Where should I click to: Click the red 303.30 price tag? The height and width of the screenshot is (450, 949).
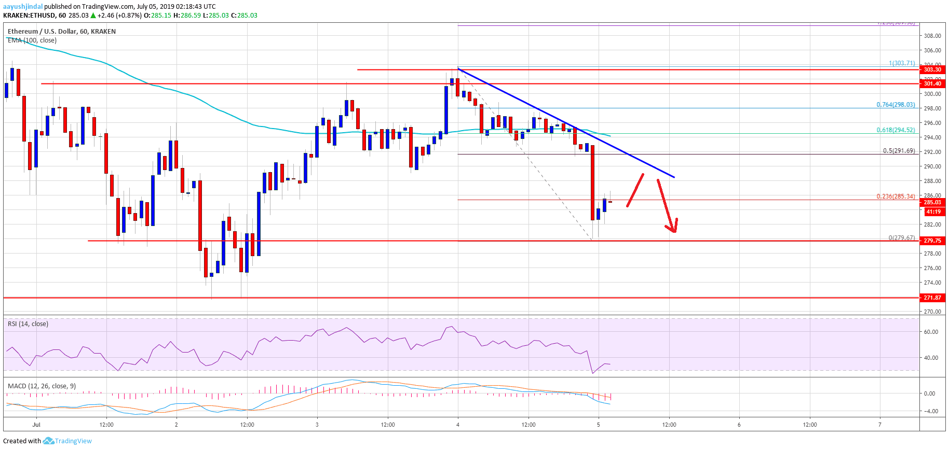point(932,69)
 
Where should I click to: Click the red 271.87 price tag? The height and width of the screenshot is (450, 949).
point(932,298)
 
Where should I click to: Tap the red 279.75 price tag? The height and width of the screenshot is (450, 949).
point(932,241)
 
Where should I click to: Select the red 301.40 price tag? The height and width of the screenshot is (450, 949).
point(932,83)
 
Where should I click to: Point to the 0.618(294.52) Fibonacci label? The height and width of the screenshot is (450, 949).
point(896,130)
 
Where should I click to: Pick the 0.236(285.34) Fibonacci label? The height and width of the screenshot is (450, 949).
point(896,196)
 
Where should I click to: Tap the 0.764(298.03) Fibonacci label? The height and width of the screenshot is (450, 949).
point(896,105)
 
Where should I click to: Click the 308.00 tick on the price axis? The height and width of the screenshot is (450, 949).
point(932,36)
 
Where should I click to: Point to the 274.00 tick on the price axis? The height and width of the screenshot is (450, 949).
point(932,283)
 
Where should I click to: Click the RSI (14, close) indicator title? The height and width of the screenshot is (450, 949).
point(28,324)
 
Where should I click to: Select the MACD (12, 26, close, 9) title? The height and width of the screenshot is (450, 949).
point(42,386)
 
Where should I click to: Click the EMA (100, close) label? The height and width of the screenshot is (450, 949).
point(32,40)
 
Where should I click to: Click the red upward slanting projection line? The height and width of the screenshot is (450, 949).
point(635,190)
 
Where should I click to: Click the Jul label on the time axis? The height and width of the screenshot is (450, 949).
point(36,425)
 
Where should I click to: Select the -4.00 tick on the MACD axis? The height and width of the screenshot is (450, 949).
point(929,411)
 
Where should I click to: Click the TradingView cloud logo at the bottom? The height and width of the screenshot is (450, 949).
point(48,441)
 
